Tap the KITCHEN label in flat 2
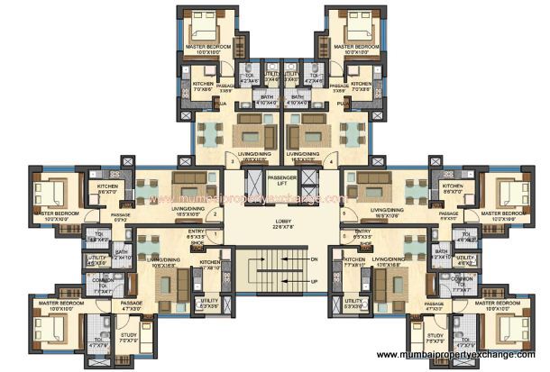[x=107, y=188]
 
